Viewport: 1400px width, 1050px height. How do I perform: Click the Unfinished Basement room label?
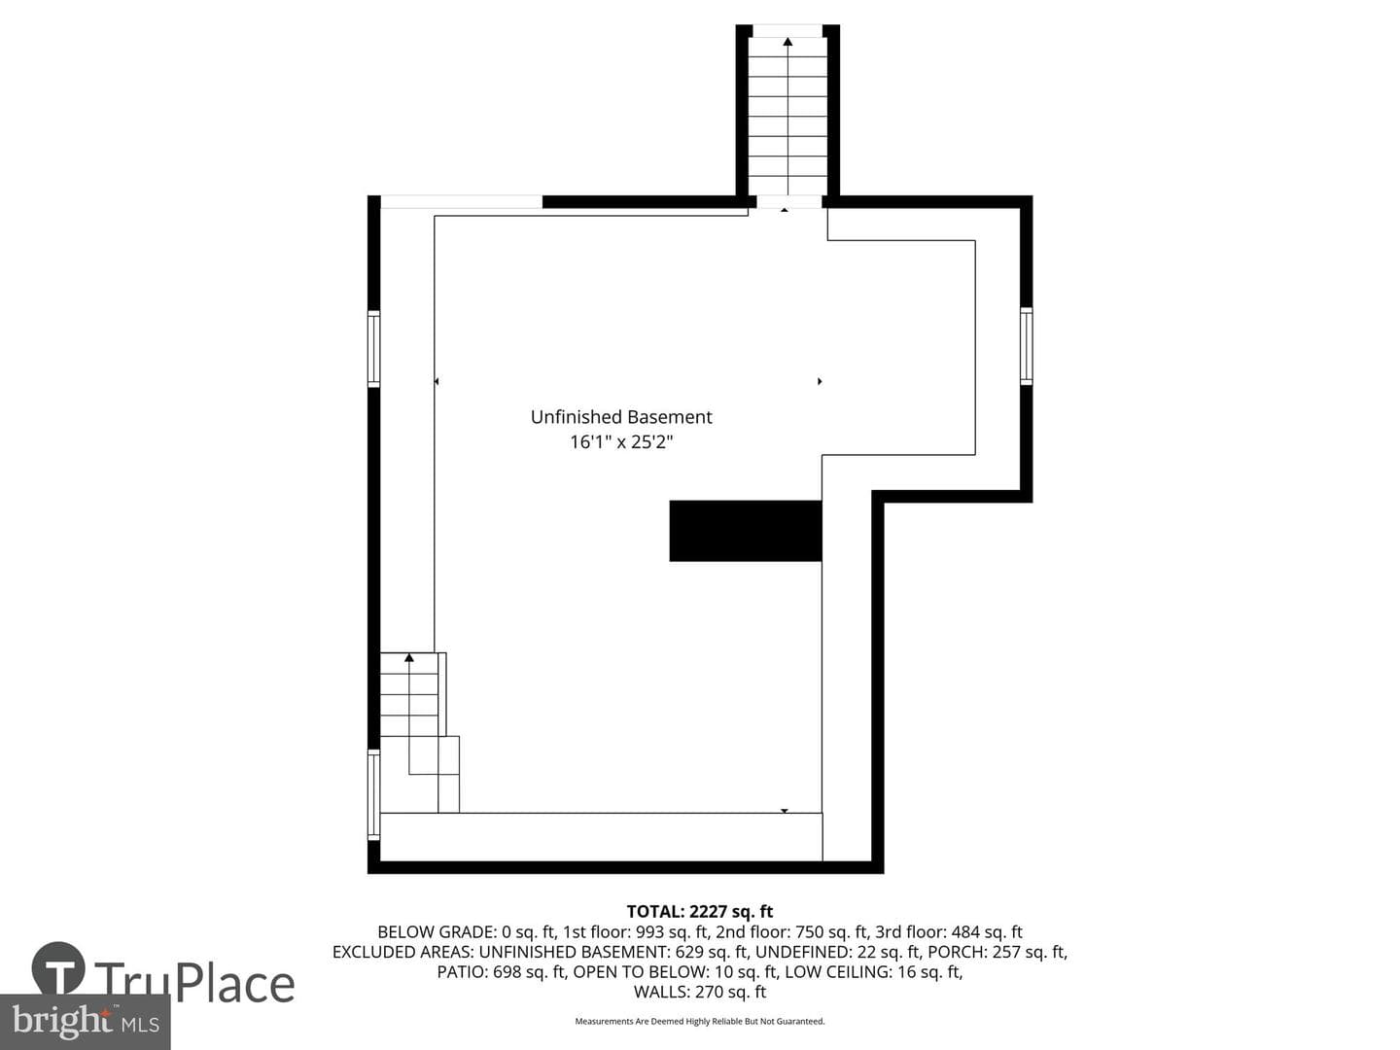(x=620, y=417)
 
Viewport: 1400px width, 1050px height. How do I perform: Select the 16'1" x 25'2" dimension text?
(x=621, y=441)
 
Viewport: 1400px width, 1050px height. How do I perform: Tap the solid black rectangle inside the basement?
(x=745, y=531)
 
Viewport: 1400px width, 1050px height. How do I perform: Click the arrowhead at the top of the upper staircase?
(x=787, y=42)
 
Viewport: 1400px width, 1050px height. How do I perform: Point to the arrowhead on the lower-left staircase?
(x=409, y=657)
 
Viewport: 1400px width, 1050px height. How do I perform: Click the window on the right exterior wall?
(x=1026, y=346)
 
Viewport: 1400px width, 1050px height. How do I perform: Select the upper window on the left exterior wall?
(x=373, y=349)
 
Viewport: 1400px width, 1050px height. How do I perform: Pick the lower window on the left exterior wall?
(x=373, y=794)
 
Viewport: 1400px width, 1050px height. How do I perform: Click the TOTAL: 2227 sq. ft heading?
(x=700, y=912)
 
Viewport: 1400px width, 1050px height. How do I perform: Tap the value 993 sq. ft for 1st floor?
(x=672, y=932)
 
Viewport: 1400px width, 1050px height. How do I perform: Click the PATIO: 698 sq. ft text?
(x=502, y=971)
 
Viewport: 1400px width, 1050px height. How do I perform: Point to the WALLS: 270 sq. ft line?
(x=700, y=992)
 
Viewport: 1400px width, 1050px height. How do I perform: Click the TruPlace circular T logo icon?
(x=58, y=968)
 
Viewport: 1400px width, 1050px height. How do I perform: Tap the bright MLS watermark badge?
(x=85, y=1022)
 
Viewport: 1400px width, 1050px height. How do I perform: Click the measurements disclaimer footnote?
(x=700, y=1021)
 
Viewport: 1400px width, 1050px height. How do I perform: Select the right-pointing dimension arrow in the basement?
(x=820, y=381)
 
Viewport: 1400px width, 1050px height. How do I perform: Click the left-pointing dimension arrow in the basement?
(x=437, y=381)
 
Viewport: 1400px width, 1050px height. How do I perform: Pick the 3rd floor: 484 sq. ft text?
(x=949, y=932)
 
